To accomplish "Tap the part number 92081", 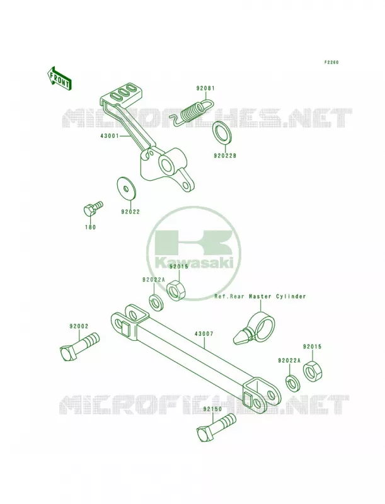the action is [x=205, y=88].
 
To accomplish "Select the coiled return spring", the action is [x=192, y=112].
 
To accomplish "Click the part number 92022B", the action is [x=225, y=156].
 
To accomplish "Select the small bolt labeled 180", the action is [x=93, y=209].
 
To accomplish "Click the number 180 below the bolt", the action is [x=90, y=227].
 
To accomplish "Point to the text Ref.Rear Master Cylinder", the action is [x=260, y=296].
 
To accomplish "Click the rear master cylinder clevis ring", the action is [x=262, y=324].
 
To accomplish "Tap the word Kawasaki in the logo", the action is [x=194, y=263].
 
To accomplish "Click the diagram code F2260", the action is [x=331, y=62].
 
